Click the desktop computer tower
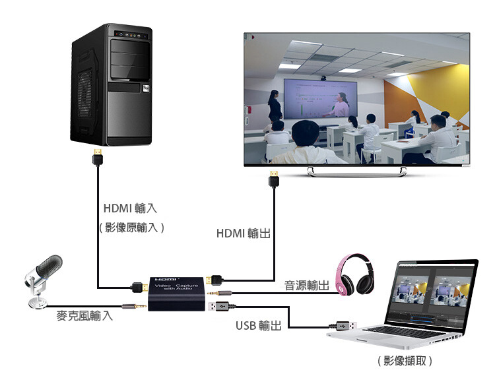click(112, 84)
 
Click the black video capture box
click(176, 294)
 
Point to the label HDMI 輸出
click(243, 234)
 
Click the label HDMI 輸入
click(130, 208)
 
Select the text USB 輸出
click(259, 325)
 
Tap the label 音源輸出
click(306, 286)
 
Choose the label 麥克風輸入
click(84, 315)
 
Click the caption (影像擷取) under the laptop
click(405, 360)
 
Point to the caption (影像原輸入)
click(131, 228)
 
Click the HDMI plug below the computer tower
click(98, 156)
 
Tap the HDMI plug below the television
click(274, 179)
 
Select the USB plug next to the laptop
click(343, 325)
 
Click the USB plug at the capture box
click(221, 306)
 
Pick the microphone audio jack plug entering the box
click(134, 306)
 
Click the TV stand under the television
click(356, 171)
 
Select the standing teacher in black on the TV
click(275, 106)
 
